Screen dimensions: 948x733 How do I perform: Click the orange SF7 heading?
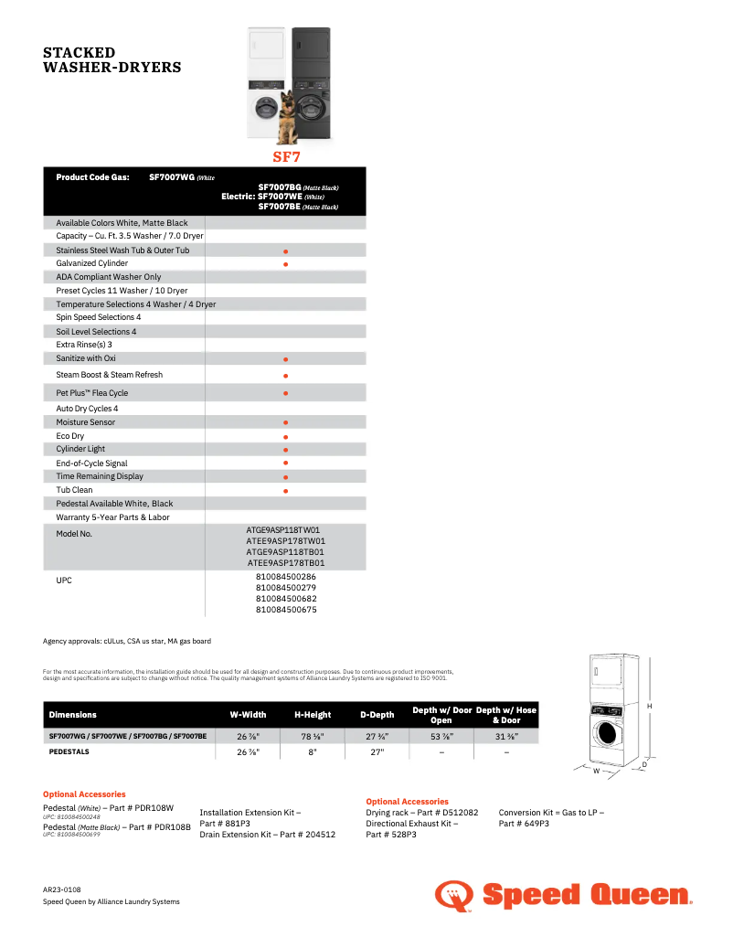(x=286, y=156)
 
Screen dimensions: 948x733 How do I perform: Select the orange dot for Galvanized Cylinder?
(x=286, y=264)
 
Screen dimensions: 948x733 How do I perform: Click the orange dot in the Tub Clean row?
(x=286, y=491)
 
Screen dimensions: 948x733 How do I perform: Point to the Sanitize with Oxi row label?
(x=86, y=358)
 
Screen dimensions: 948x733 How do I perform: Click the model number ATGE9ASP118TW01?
(x=283, y=529)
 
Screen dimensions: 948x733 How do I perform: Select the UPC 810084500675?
(x=286, y=610)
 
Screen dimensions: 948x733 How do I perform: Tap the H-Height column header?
(x=313, y=715)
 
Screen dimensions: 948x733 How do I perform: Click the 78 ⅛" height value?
(x=313, y=736)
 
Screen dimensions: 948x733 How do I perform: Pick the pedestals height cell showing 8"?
(x=313, y=752)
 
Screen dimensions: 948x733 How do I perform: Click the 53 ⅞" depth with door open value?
(x=442, y=736)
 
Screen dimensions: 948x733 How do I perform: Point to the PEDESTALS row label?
(x=69, y=752)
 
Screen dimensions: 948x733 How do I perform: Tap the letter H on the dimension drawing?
(x=650, y=706)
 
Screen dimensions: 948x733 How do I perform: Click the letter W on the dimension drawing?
(x=596, y=771)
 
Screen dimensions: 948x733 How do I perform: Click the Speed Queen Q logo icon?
(x=453, y=896)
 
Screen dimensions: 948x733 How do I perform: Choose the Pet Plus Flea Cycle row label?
(x=92, y=393)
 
